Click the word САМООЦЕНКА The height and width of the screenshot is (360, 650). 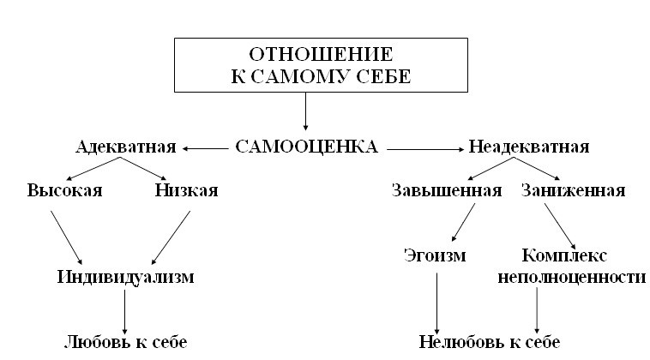pos(305,147)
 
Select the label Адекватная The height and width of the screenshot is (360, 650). pos(126,147)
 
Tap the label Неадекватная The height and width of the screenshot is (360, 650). pos(529,147)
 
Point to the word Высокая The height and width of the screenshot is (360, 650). pos(64,190)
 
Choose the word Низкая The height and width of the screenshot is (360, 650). pos(186,190)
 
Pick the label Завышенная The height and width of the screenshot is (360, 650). pos(447,190)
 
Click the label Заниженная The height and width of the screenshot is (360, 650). pos(573,190)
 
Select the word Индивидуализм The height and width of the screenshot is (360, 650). pos(126,277)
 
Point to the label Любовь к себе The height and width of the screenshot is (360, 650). pos(125,342)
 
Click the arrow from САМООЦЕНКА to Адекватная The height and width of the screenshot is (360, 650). pos(205,148)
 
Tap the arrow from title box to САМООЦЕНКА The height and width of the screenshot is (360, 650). pos(305,110)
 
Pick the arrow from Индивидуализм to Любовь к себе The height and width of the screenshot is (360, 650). pos(126,310)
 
